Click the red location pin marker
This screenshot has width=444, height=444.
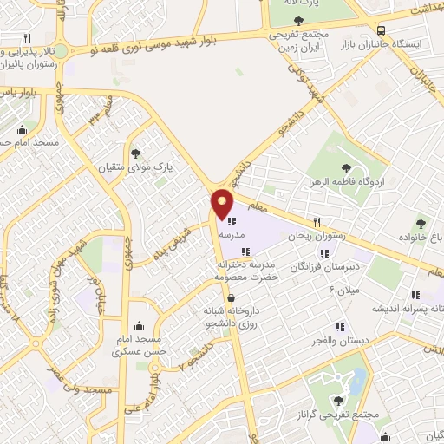tap(222, 204)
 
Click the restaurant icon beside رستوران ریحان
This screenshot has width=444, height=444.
tap(317, 221)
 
